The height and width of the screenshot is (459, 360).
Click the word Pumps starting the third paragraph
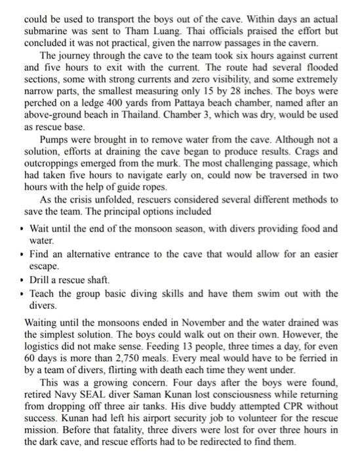(x=54, y=140)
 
